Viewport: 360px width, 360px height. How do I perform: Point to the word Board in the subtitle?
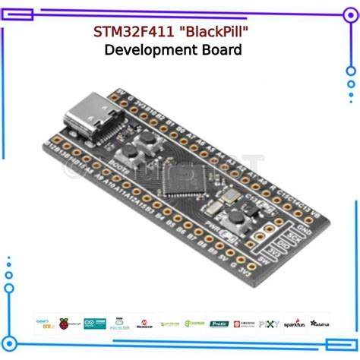point(223,51)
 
